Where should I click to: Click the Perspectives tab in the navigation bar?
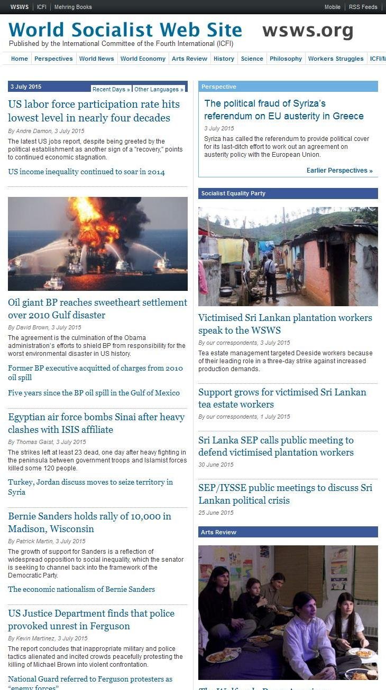(x=53, y=59)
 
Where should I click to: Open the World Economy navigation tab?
(x=143, y=59)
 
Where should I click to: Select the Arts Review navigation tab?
(x=189, y=59)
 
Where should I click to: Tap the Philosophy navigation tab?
(x=286, y=59)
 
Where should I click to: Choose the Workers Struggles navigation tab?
(x=336, y=59)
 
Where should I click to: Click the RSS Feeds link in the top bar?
(x=363, y=7)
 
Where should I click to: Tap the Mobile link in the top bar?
(x=332, y=7)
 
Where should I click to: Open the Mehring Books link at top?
(x=73, y=7)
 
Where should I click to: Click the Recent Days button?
(x=111, y=89)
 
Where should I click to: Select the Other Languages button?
(x=158, y=89)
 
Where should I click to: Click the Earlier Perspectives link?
(x=339, y=171)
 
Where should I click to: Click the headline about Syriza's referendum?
(x=284, y=110)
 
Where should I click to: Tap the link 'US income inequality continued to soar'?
(x=86, y=172)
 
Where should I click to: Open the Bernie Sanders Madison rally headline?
(x=89, y=522)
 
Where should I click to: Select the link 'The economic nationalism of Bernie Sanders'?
(x=81, y=589)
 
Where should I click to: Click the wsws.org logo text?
(x=308, y=31)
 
